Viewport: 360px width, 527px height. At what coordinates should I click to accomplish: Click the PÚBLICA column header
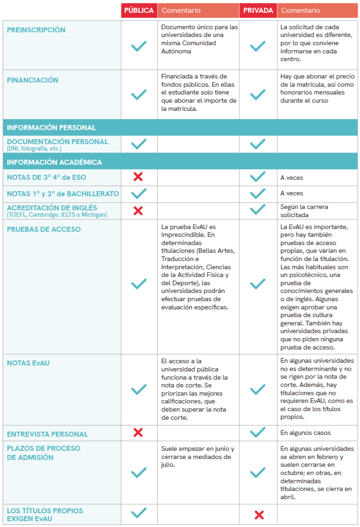(139, 10)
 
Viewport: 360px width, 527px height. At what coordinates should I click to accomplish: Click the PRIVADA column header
(258, 10)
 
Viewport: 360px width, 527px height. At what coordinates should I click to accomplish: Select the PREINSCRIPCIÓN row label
(36, 30)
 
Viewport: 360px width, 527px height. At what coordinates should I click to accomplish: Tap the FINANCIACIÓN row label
(33, 80)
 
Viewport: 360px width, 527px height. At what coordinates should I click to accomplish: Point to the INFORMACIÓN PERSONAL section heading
(51, 128)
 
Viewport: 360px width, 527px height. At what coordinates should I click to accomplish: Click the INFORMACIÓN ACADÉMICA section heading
(54, 162)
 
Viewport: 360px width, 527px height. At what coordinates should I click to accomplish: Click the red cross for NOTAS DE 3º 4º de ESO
(138, 177)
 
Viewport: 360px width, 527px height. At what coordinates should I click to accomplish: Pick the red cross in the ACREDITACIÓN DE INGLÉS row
(138, 210)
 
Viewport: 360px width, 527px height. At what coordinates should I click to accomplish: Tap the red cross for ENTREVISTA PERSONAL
(138, 433)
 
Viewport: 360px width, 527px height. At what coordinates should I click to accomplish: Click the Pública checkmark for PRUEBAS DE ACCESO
(139, 284)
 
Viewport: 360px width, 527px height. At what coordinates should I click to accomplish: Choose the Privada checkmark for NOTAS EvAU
(258, 389)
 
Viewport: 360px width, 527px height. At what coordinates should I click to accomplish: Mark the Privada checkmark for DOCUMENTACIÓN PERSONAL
(258, 144)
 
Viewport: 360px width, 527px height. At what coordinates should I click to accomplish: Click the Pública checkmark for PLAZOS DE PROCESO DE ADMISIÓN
(139, 473)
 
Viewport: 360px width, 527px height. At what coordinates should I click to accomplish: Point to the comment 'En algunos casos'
(305, 433)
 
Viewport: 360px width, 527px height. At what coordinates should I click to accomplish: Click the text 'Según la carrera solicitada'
(304, 211)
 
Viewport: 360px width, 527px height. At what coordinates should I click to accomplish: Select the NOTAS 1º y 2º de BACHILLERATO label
(63, 193)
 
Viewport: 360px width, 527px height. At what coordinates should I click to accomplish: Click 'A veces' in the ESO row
(292, 177)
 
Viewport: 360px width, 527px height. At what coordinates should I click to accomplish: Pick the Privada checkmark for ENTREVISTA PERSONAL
(258, 432)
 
